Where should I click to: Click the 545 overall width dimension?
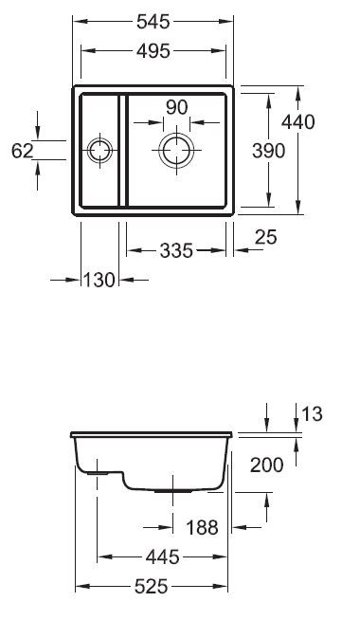coord(153,22)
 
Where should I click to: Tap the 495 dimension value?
coord(153,51)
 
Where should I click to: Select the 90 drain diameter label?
coord(176,107)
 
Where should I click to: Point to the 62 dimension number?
coord(22,151)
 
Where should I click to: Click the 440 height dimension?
coord(298,121)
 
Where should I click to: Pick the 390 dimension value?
coord(268,151)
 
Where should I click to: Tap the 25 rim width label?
coord(266,237)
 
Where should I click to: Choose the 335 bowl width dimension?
coord(176,250)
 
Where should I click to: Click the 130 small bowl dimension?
coord(99,280)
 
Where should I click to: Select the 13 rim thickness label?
coord(313,414)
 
